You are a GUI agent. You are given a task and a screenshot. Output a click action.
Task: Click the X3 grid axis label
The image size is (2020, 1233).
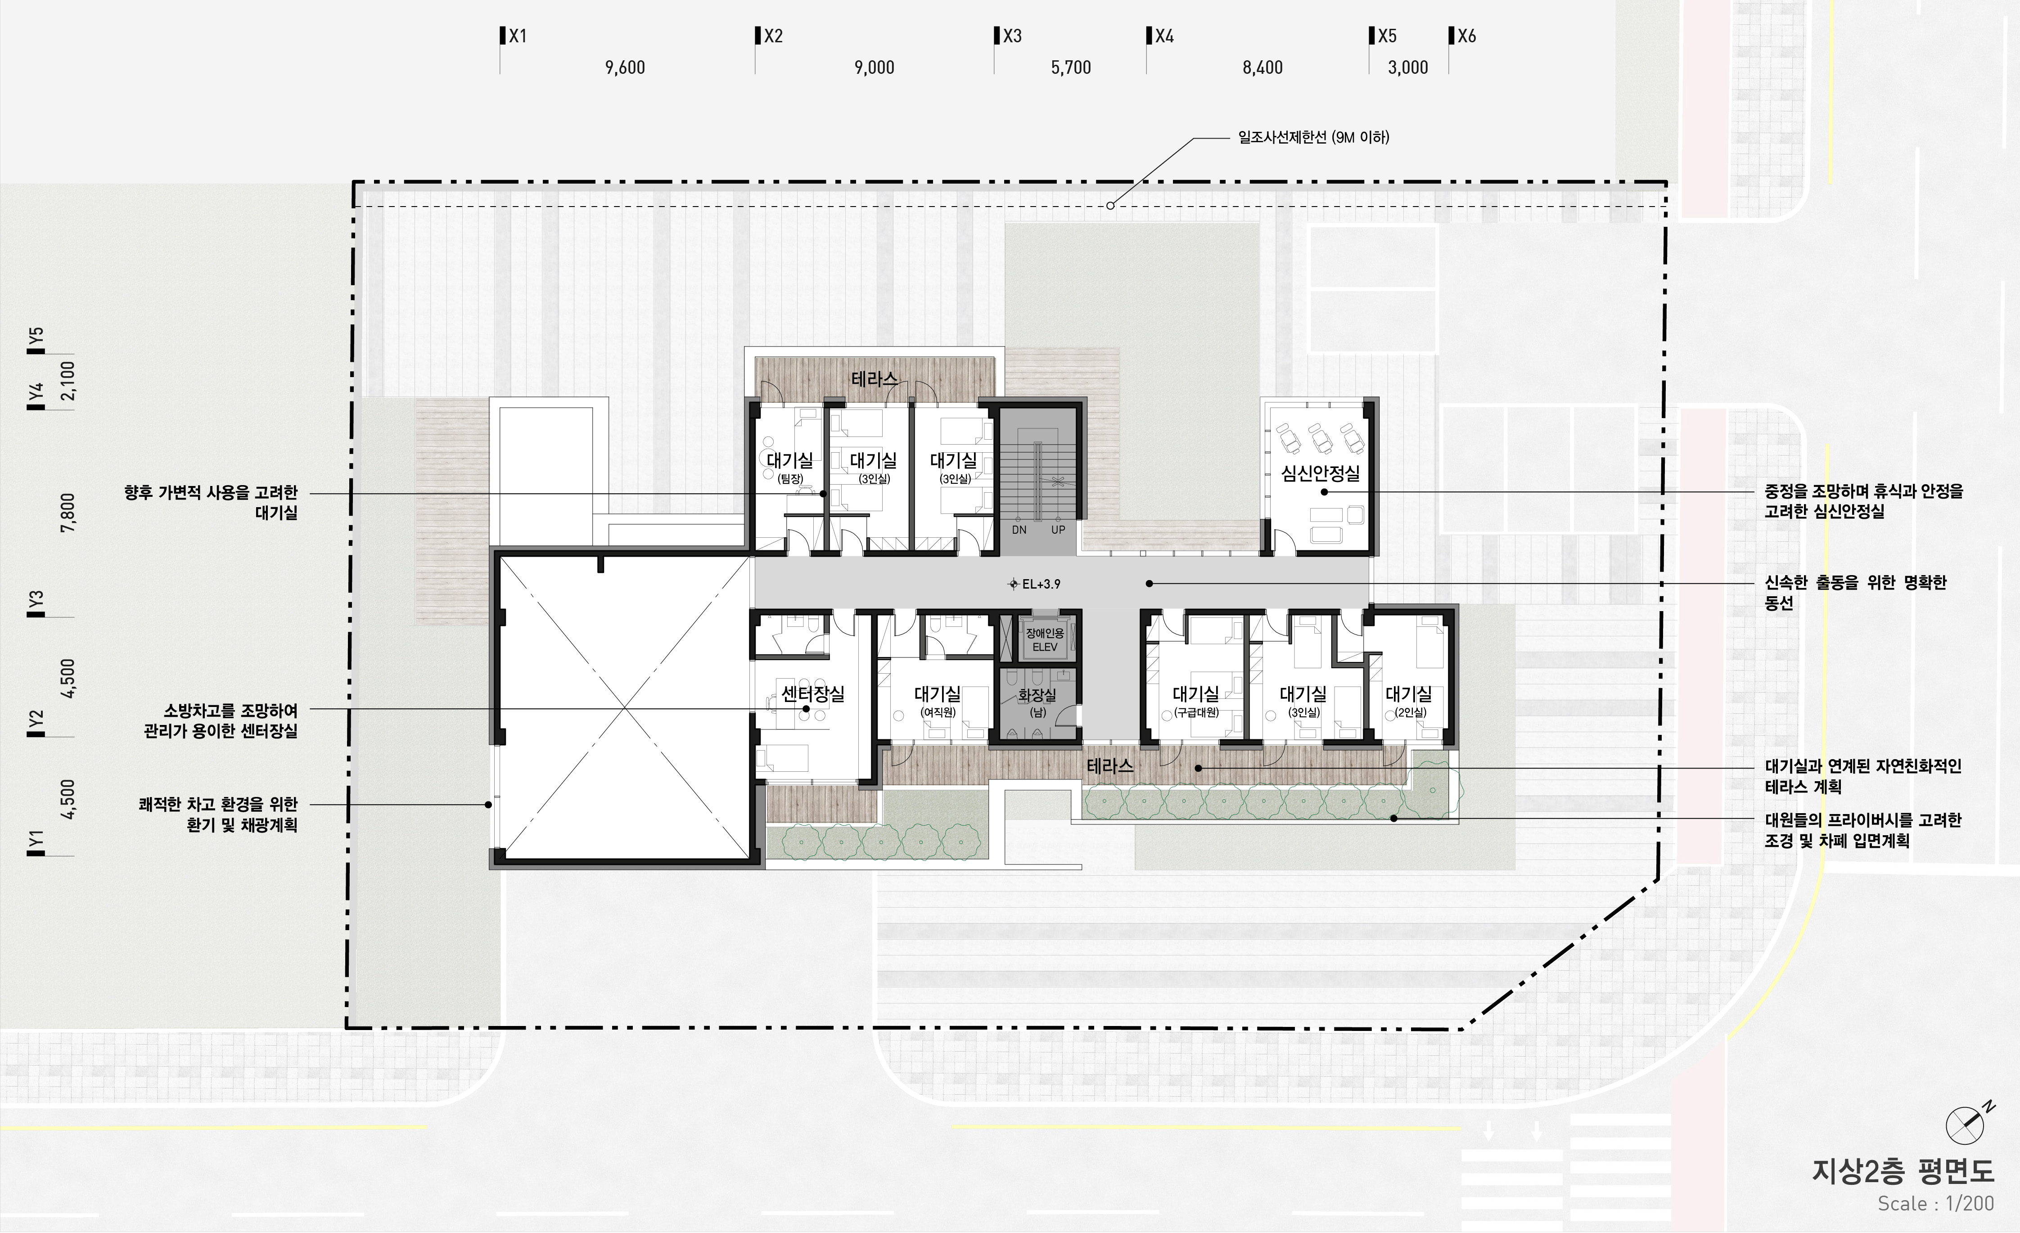tap(1012, 36)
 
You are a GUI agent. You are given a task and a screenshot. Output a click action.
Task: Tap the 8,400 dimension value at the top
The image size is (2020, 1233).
tap(1262, 67)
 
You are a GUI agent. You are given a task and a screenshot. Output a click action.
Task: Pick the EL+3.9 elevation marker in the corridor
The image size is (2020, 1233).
tap(1035, 584)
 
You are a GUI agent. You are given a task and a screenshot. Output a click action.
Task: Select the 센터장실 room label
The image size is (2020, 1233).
tap(812, 693)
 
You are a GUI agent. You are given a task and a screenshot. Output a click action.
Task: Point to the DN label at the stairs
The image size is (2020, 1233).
tap(1019, 530)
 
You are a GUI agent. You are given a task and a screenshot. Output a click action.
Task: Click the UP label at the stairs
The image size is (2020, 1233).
tap(1058, 530)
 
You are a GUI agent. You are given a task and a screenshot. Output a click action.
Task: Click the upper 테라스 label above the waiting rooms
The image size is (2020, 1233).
tap(874, 379)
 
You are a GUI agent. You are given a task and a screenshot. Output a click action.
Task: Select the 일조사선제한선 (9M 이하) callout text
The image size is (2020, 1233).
tap(1313, 138)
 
